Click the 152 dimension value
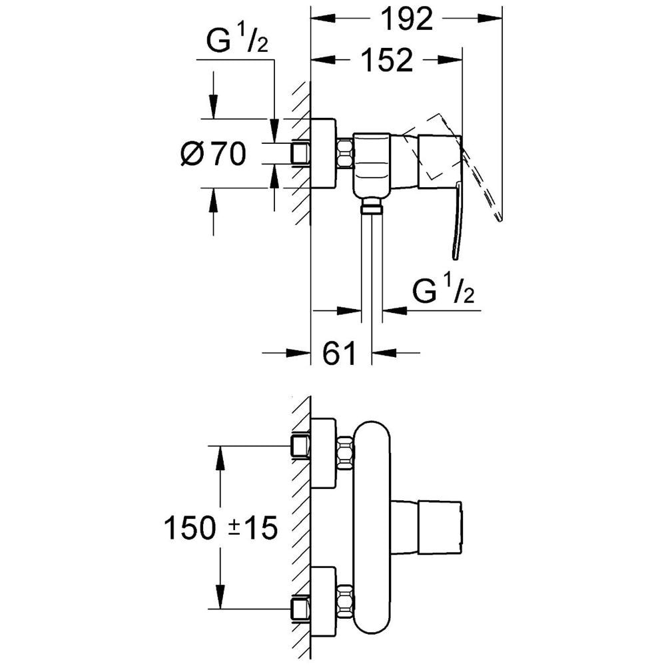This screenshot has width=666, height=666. pos(386,60)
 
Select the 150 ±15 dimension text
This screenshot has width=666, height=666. pos(221,528)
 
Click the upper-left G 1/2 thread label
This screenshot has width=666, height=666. pos(237,39)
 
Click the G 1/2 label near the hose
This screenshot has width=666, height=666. pos(443,288)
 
